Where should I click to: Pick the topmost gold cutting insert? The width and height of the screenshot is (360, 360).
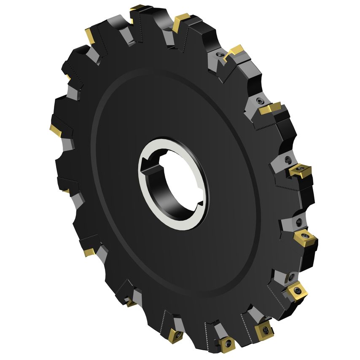(137, 8)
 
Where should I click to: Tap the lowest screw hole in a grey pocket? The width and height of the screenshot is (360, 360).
(291, 277)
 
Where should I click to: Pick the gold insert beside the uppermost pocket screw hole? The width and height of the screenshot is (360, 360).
(234, 52)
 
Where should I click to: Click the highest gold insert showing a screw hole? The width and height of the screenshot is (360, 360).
(300, 170)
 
